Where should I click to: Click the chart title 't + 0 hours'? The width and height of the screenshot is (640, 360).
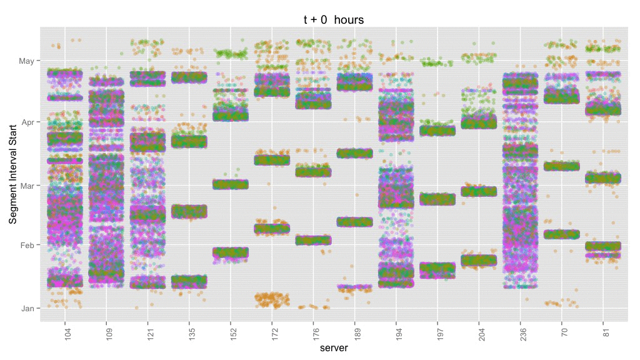[333, 20]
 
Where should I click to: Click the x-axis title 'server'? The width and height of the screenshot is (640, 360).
[333, 348]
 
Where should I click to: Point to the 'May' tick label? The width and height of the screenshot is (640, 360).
[27, 61]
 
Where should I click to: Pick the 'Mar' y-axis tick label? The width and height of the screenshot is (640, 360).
[27, 186]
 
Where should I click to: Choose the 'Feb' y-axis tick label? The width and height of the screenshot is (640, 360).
[27, 245]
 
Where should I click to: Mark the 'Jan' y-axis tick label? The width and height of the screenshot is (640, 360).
[27, 308]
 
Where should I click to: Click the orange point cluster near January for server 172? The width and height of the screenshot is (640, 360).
[272, 299]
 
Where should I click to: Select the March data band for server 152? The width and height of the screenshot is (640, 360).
[231, 184]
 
